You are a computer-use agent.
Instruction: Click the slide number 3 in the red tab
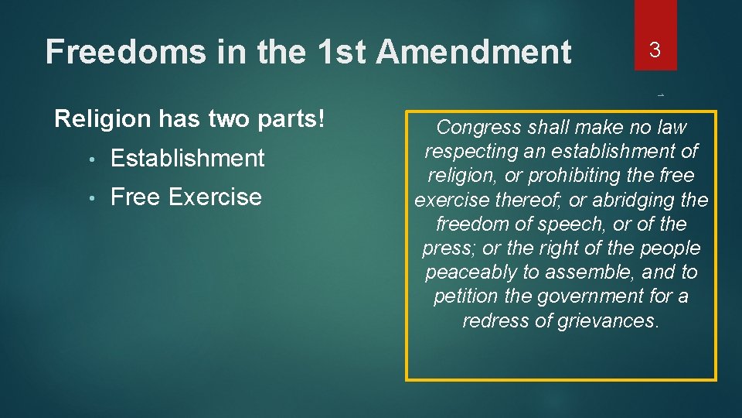pos(655,50)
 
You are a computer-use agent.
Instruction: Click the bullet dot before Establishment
pos(91,159)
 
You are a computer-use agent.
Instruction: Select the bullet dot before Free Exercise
pos(91,198)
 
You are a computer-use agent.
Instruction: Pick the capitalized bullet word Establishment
pos(188,158)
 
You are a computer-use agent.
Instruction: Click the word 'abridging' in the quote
pos(633,200)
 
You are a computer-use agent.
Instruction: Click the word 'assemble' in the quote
pos(599,272)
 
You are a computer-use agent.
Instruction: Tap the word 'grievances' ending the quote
pos(610,320)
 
